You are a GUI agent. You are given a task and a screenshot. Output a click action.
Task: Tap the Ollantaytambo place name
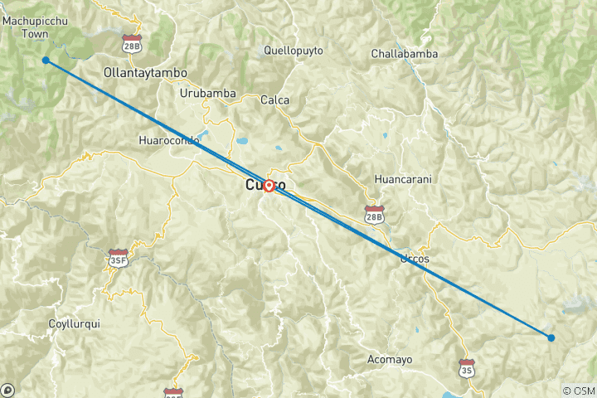[145, 73]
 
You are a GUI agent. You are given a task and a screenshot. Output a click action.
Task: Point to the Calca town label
[274, 100]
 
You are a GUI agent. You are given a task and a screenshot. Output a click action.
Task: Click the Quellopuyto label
[293, 50]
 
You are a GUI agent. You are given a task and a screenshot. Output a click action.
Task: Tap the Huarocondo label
[170, 141]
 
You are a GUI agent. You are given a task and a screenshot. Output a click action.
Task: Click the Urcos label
[415, 259]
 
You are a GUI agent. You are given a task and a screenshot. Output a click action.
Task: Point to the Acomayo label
[390, 359]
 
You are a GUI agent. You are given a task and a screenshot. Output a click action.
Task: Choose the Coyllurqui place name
[74, 324]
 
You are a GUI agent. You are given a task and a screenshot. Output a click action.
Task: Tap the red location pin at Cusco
[269, 187]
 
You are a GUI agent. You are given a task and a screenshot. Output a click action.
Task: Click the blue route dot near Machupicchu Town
[46, 61]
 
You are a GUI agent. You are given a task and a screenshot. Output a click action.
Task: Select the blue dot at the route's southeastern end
[551, 337]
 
